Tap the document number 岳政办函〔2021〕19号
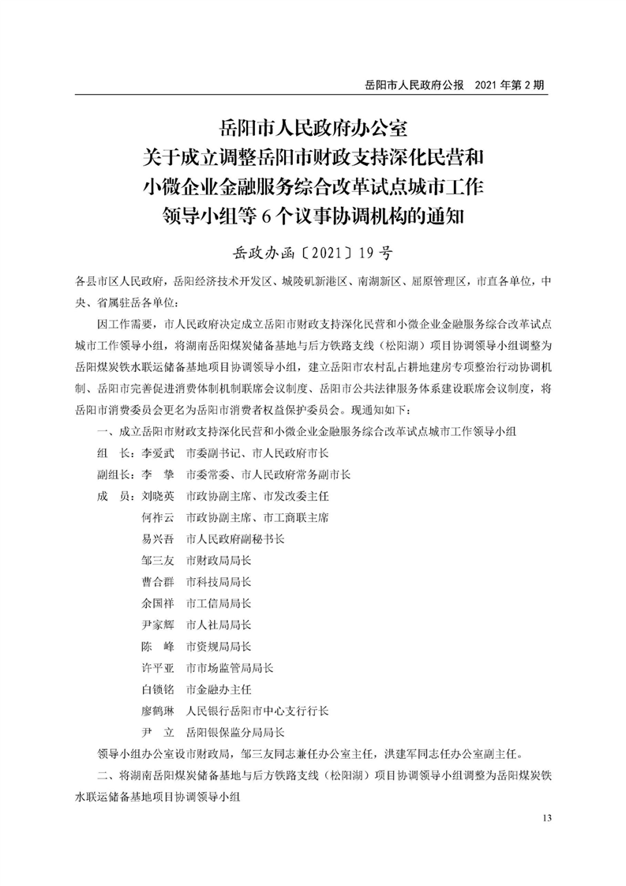click(x=312, y=254)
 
